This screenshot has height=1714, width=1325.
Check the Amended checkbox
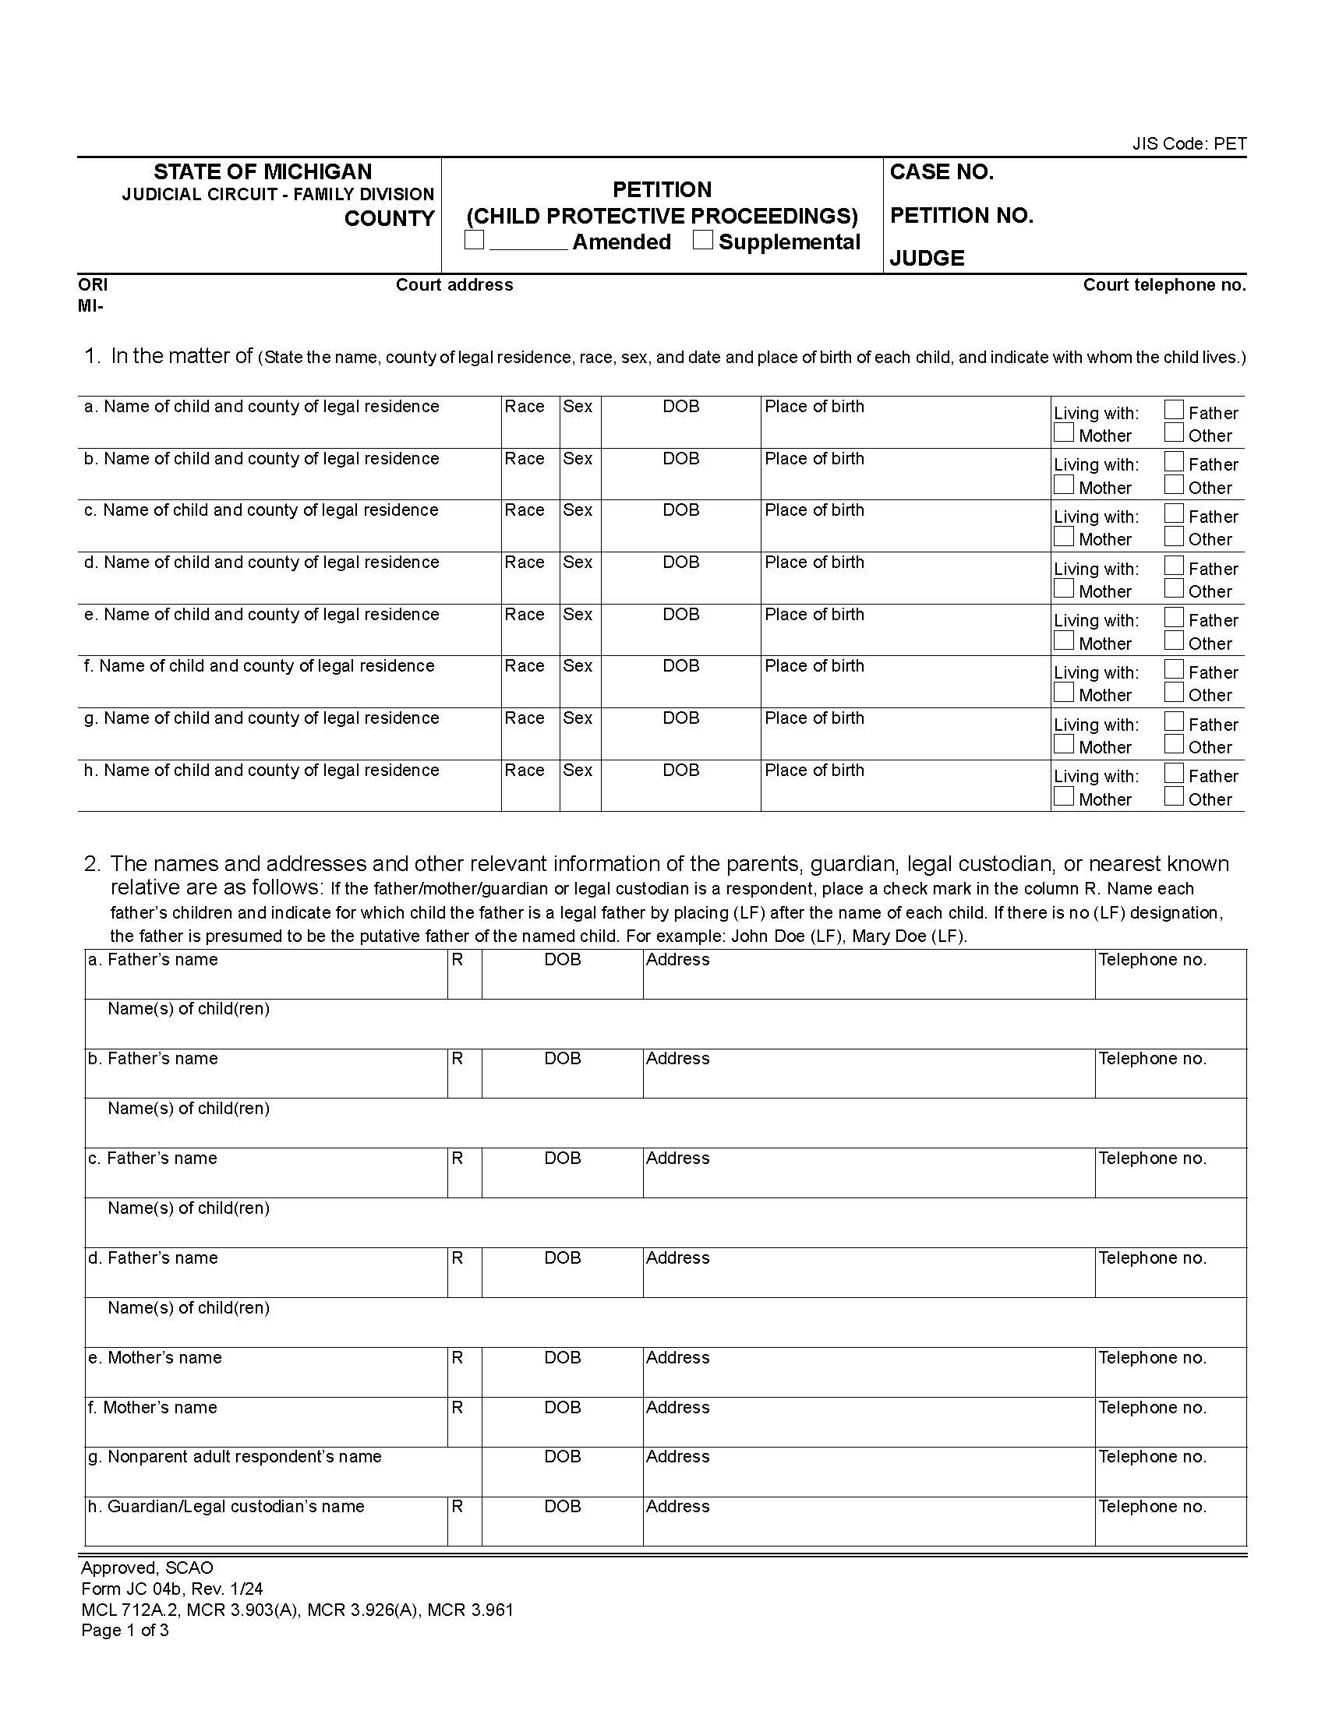coord(474,240)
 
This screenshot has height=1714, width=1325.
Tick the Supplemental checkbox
coord(702,240)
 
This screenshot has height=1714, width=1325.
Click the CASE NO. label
coord(942,173)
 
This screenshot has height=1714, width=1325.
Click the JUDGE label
coord(926,258)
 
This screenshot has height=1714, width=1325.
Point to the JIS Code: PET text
coord(1189,143)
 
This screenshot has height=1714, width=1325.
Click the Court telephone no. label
coord(1164,285)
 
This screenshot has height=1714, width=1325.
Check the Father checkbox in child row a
coord(1174,410)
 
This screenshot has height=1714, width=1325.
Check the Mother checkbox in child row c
coord(1064,537)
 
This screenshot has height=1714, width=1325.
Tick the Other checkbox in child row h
coord(1174,796)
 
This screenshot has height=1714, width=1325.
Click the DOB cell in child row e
coord(680,630)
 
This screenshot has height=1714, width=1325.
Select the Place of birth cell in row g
coord(904,734)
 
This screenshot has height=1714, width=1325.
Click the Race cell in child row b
coord(530,474)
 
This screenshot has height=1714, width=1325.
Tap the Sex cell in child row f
coord(580,681)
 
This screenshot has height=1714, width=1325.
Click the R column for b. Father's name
coord(464,1073)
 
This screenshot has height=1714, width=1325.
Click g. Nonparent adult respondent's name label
coord(235,1457)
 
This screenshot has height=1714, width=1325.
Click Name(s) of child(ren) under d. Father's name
coord(189,1307)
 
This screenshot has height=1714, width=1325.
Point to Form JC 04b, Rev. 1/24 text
coord(172,1589)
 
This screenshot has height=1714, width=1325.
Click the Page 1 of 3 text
coord(125,1630)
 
